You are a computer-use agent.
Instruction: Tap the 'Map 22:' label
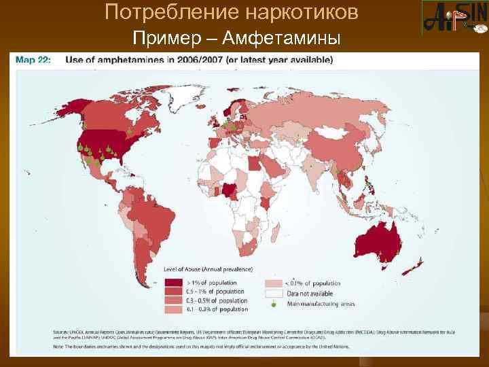pos(33,60)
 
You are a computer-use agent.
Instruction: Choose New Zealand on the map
pos(412,268)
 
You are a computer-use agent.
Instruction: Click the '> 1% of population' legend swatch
pos(175,283)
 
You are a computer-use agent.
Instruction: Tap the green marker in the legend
pos(274,304)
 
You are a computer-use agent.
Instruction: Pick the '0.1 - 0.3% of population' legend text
pos(213,309)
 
